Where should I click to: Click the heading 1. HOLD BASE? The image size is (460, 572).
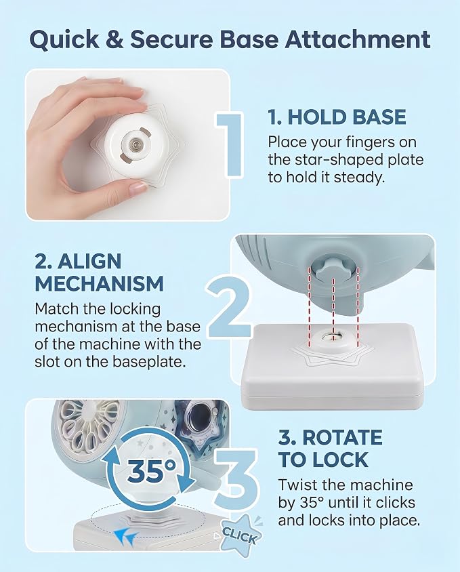(x=337, y=117)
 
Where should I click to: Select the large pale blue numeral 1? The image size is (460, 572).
(x=230, y=146)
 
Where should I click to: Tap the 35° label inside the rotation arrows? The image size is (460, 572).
(x=151, y=470)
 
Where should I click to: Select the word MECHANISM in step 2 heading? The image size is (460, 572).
(x=99, y=284)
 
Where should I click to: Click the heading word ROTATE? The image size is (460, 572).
(x=343, y=438)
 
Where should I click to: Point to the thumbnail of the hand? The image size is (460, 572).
(x=127, y=144)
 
